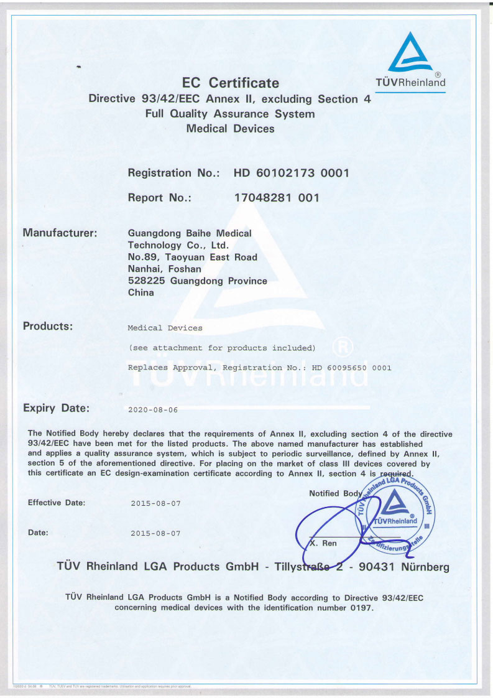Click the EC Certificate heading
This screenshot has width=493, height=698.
click(x=230, y=83)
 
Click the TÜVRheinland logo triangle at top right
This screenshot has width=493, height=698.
click(x=411, y=55)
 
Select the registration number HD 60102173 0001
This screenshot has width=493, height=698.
click(x=291, y=173)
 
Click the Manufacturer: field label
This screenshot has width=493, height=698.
click(x=60, y=233)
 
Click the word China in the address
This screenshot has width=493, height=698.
click(x=141, y=292)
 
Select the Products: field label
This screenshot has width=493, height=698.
click(x=48, y=326)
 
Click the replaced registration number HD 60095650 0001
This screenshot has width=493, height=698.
click(x=351, y=368)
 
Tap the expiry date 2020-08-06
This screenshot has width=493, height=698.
click(x=153, y=411)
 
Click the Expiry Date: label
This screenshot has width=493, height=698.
click(x=56, y=409)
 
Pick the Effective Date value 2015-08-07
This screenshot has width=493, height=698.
click(x=155, y=503)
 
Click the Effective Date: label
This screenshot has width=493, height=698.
click(x=57, y=503)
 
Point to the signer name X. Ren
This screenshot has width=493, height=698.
click(x=323, y=543)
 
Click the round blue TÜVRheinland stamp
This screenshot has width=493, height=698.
click(x=395, y=514)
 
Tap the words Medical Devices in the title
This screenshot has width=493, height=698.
click(x=230, y=129)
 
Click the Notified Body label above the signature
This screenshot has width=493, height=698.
click(x=334, y=493)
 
